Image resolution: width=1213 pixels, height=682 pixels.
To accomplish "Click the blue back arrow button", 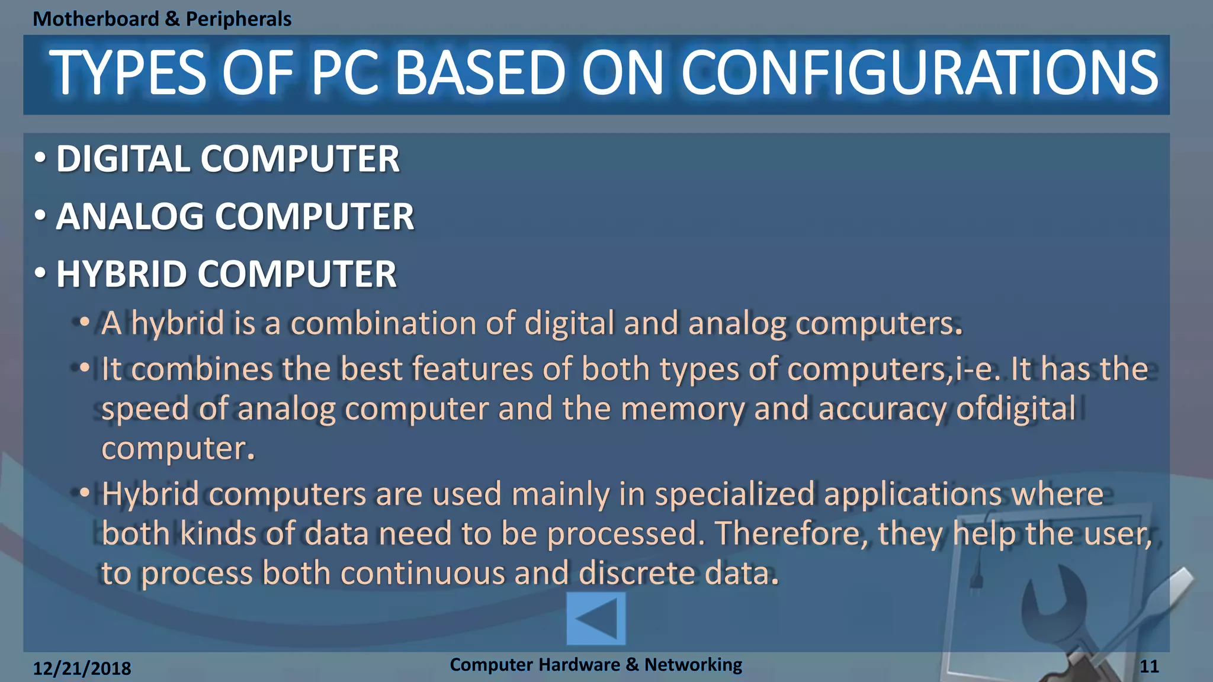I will tap(596, 619).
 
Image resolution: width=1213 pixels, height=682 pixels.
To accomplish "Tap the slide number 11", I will tap(1149, 667).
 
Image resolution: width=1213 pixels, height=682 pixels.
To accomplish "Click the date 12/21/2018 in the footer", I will tap(82, 668).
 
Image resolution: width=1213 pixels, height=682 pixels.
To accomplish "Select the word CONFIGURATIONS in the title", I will tap(919, 73).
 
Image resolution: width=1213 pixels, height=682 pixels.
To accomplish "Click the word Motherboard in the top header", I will tap(96, 19).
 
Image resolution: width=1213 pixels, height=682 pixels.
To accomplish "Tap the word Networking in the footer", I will tap(693, 665).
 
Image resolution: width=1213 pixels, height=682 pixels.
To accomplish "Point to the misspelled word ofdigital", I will tap(1016, 409).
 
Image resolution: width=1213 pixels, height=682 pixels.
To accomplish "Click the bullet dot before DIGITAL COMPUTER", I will tap(40, 158).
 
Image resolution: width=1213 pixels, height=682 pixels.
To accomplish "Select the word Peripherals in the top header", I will tap(239, 19).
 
